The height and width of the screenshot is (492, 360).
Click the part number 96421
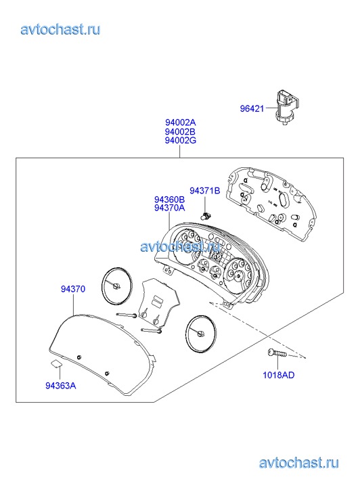point(252,108)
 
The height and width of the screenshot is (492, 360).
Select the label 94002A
point(181,122)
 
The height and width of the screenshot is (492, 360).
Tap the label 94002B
point(181,131)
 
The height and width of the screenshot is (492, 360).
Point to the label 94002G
point(181,140)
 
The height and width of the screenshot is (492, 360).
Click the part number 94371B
point(204,190)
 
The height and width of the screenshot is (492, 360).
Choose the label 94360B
point(169,199)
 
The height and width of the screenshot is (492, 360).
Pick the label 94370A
point(169,208)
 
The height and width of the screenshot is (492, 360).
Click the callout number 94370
point(73,289)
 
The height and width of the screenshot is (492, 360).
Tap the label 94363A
point(61,386)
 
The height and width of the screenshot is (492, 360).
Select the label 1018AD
point(278,375)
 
